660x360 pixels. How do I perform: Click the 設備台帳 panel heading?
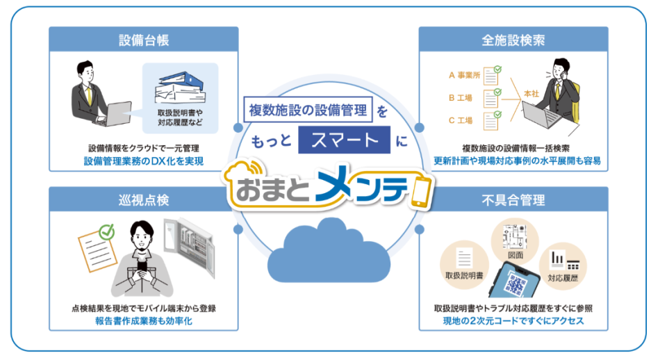(x=144, y=40)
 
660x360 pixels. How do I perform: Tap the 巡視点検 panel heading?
(x=144, y=200)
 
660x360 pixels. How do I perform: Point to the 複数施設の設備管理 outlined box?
(x=310, y=110)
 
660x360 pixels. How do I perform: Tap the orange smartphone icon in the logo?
(x=422, y=190)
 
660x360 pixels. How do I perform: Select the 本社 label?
(x=530, y=92)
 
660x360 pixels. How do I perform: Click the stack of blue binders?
(x=179, y=84)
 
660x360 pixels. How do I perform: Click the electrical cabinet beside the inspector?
(x=190, y=250)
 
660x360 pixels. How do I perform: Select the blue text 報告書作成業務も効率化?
(x=144, y=321)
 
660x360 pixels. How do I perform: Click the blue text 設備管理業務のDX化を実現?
(x=144, y=161)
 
